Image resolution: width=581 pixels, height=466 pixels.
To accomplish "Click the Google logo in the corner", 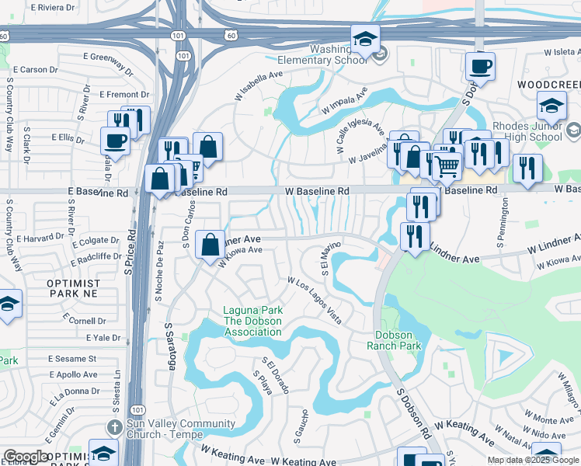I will (25, 457).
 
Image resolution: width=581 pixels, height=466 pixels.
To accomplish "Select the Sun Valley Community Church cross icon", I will (113, 428).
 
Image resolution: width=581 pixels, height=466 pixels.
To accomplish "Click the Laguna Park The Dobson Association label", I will (252, 321).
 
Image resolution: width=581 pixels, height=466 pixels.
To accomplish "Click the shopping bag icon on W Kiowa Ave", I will (210, 245).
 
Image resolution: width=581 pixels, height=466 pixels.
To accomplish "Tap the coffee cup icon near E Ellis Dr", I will (116, 142).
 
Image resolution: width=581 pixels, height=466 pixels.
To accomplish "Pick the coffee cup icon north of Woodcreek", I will (480, 66).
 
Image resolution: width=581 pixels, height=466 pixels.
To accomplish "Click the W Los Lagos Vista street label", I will (315, 301).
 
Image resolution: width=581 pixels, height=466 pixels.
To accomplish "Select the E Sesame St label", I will (72, 359).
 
